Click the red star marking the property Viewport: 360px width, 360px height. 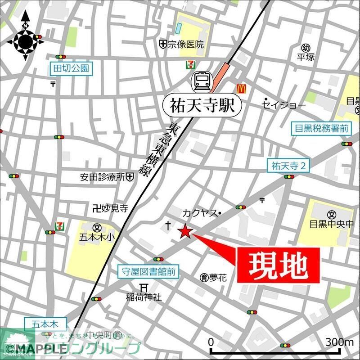[x=184, y=232]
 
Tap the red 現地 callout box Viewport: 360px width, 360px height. [x=278, y=265]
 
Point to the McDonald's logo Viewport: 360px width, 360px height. [x=242, y=88]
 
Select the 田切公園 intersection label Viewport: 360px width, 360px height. [x=71, y=69]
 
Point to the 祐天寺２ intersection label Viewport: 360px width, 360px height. [x=288, y=166]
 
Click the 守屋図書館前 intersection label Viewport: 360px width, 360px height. [x=148, y=271]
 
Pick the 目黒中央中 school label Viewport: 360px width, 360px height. [x=332, y=224]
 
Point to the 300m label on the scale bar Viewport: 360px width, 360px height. [x=340, y=342]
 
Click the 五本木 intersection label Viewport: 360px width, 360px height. [x=45, y=324]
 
